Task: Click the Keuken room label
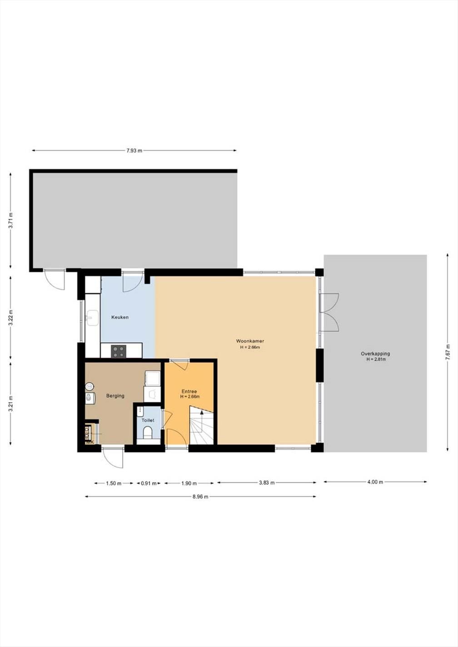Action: pyautogui.click(x=120, y=317)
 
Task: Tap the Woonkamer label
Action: pyautogui.click(x=250, y=341)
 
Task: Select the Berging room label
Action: pyautogui.click(x=115, y=396)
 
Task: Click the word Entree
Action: pyautogui.click(x=189, y=391)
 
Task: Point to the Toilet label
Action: pyautogui.click(x=148, y=420)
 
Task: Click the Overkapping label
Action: pyautogui.click(x=375, y=354)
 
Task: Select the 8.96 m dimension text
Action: pyautogui.click(x=200, y=497)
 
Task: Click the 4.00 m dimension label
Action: pyautogui.click(x=375, y=482)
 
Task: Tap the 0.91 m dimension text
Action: pyautogui.click(x=149, y=484)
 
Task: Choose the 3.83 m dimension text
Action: pyautogui.click(x=267, y=483)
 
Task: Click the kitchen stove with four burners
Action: pyautogui.click(x=119, y=351)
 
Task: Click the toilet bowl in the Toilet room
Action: pyautogui.click(x=147, y=435)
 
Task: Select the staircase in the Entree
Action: pyautogui.click(x=201, y=427)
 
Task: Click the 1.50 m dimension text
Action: pyautogui.click(x=114, y=484)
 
